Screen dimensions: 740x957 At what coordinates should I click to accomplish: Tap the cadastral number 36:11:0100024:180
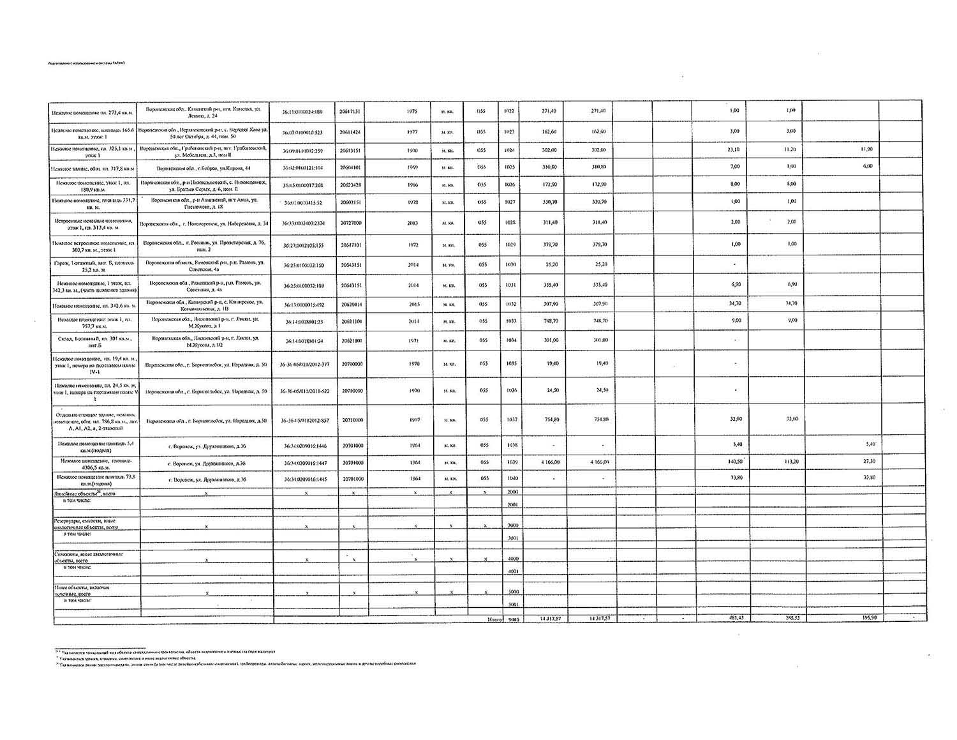(302, 111)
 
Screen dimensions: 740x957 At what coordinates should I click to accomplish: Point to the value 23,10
(734, 149)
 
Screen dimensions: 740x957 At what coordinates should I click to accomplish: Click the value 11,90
(866, 149)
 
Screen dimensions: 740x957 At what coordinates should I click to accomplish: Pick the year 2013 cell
(412, 223)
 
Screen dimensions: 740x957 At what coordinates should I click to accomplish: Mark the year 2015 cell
(412, 304)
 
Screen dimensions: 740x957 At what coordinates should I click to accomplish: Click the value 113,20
(792, 461)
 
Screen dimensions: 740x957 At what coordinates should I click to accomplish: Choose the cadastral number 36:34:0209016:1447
(304, 462)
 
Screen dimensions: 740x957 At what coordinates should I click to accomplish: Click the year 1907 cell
(412, 419)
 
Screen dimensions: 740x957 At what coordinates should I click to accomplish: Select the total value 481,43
(736, 618)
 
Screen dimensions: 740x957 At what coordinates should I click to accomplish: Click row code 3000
(512, 525)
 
